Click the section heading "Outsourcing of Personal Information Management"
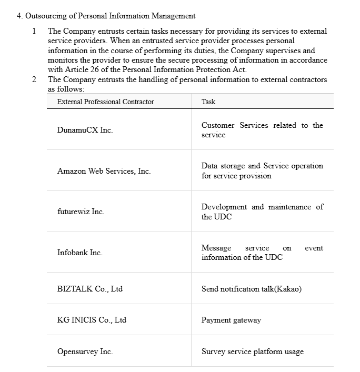tap(111, 16)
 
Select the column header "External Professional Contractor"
tap(105, 102)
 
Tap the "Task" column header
tap(208, 102)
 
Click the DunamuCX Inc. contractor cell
tap(85, 130)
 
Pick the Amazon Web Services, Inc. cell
tap(104, 171)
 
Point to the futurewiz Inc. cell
tap(81, 212)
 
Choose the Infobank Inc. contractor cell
tap(79, 253)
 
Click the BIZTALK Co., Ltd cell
tap(89, 288)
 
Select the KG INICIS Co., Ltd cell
tap(92, 320)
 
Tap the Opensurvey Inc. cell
tap(85, 351)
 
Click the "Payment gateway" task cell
tap(231, 320)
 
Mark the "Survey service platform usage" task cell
tap(252, 351)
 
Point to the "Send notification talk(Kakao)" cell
tap(251, 288)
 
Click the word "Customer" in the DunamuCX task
tap(218, 125)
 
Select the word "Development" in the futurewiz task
tap(224, 207)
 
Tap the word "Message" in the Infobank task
tap(216, 248)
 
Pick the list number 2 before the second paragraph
tap(34, 79)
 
